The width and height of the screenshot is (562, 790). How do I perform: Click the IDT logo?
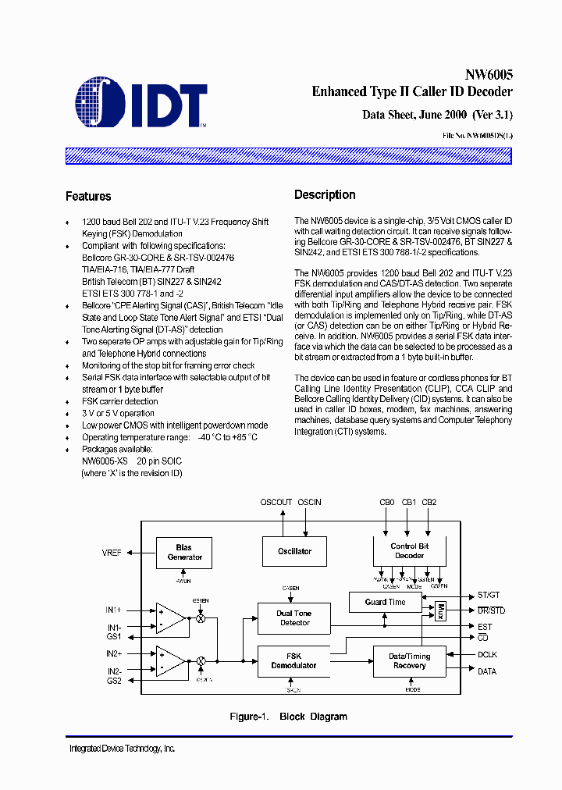click(x=141, y=102)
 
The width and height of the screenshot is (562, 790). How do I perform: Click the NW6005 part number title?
click(x=489, y=76)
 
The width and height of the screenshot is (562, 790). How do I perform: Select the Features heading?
click(x=88, y=197)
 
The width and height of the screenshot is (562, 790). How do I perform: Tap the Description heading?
click(x=325, y=195)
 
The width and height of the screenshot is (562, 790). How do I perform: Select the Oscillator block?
click(x=295, y=551)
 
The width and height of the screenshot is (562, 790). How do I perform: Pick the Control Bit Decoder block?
click(x=409, y=551)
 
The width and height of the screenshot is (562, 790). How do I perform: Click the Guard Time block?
click(x=386, y=602)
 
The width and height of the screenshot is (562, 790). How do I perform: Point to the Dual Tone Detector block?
click(x=294, y=618)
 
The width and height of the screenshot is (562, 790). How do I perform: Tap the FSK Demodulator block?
click(x=293, y=661)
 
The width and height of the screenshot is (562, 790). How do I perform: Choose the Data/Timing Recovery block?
click(x=409, y=661)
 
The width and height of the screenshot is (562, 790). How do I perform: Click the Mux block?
click(x=440, y=610)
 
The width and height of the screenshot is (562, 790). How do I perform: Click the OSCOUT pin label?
click(x=276, y=503)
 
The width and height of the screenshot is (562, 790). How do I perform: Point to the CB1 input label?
click(x=409, y=503)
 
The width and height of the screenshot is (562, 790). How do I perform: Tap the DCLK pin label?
click(x=487, y=655)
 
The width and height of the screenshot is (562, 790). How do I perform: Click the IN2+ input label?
click(x=115, y=653)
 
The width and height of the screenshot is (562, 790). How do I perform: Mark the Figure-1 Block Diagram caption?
click(x=288, y=717)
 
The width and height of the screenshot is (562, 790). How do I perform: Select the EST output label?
click(x=485, y=627)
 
